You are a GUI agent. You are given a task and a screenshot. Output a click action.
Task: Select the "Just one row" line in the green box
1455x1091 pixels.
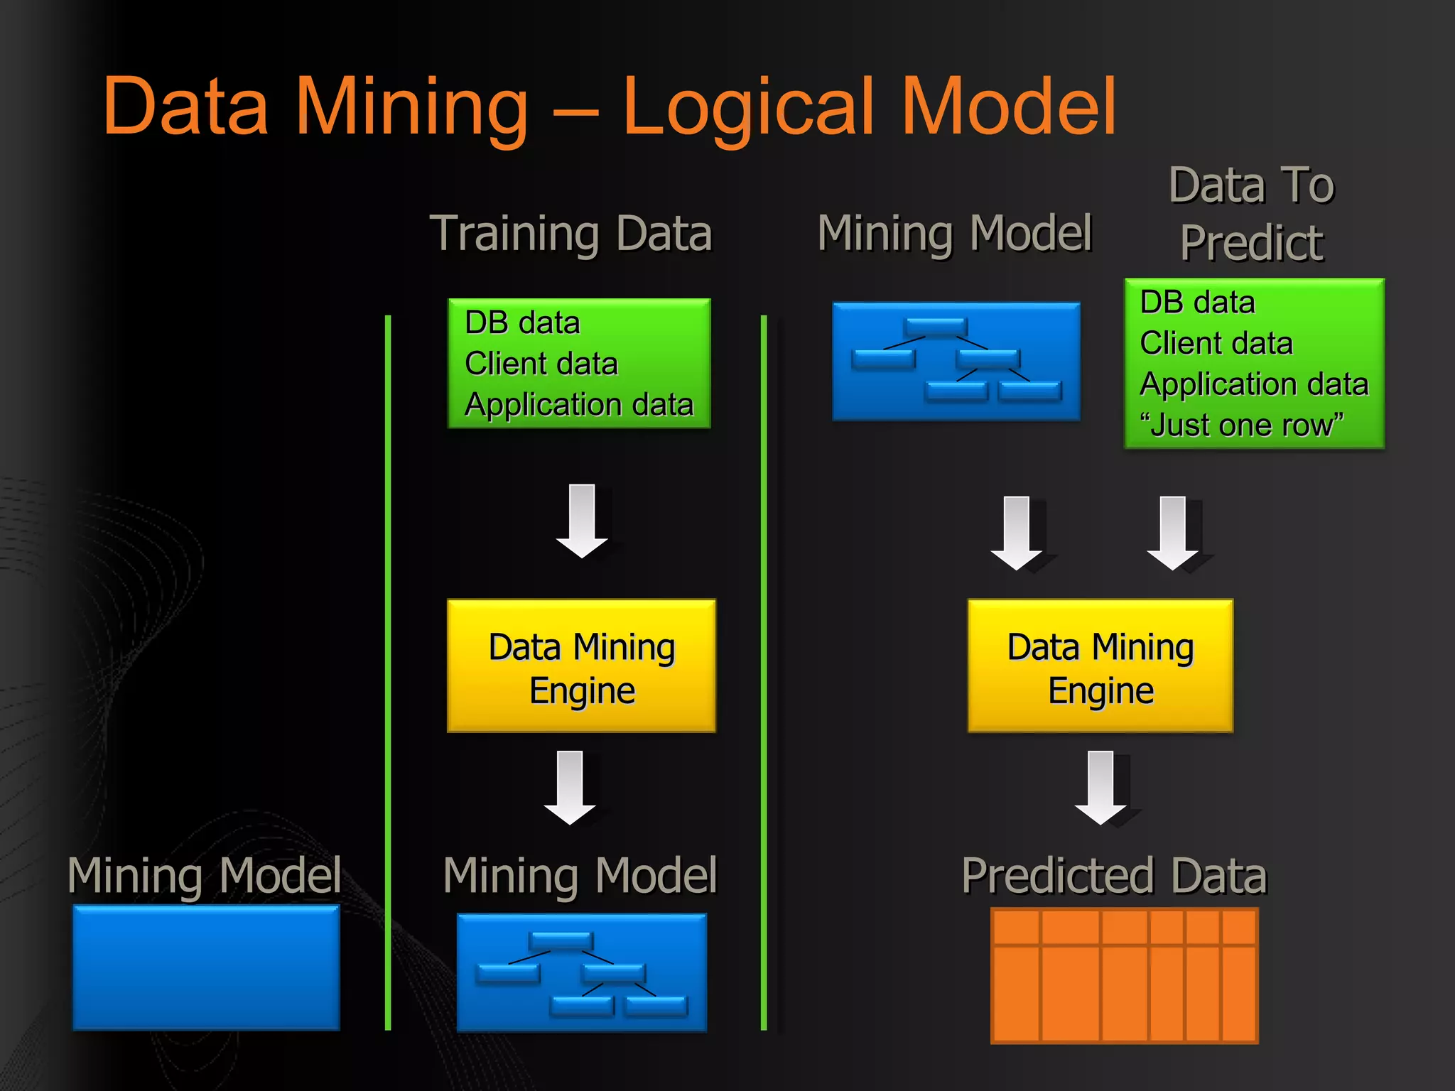[1241, 425]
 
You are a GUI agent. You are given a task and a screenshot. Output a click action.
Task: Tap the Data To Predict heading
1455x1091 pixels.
[1252, 213]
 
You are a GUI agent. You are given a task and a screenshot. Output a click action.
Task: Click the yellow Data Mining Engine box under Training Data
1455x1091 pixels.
[581, 666]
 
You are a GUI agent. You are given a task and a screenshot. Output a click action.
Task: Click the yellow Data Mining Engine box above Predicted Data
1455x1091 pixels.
[1100, 666]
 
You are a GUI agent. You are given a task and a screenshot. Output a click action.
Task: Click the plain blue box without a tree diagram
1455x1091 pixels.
[206, 967]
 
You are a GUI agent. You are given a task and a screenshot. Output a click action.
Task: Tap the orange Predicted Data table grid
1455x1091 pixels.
[1124, 975]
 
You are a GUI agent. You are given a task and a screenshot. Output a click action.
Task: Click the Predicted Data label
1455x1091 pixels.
[1113, 875]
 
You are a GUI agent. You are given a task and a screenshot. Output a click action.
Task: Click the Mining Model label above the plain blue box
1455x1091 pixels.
[205, 875]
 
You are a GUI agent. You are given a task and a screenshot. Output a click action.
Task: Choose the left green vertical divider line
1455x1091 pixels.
[388, 671]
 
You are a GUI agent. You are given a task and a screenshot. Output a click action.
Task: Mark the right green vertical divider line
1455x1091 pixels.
[764, 671]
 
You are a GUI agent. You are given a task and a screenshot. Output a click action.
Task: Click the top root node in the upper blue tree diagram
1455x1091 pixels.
[936, 327]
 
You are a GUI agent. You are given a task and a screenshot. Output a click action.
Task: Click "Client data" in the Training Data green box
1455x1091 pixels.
[541, 364]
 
